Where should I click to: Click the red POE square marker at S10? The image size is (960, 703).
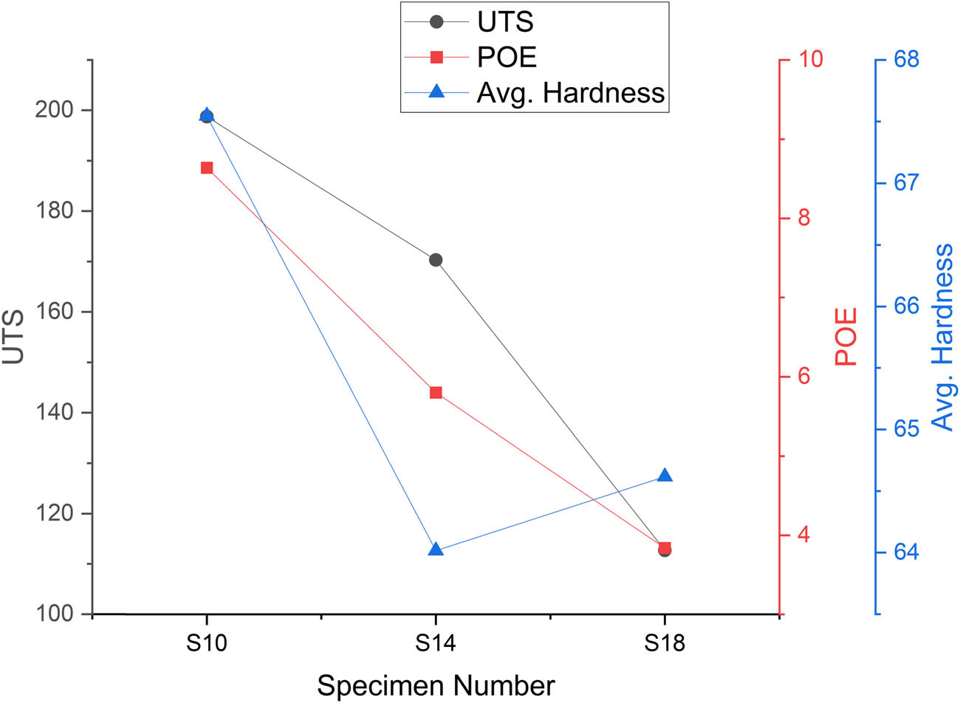point(207,168)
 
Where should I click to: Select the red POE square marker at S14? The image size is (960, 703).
point(436,392)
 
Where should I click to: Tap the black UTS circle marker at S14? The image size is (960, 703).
point(436,260)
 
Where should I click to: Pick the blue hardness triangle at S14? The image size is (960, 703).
point(436,550)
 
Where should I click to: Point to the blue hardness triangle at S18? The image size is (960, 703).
point(665,476)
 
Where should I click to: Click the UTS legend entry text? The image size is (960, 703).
point(505,22)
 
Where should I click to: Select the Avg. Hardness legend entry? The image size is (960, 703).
point(570,92)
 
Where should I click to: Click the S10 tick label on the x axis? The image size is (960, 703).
point(207,643)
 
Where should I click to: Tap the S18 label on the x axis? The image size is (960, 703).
point(665,643)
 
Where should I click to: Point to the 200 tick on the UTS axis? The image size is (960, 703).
point(57,110)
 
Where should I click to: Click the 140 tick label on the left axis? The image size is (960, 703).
point(57,412)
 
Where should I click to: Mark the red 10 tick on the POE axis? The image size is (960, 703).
point(811,59)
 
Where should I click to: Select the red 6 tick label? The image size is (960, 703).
point(803,377)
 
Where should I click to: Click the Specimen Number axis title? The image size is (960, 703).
point(436,685)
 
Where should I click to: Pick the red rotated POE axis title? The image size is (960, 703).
point(846,337)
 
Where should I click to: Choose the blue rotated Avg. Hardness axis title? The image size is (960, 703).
point(942,337)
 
